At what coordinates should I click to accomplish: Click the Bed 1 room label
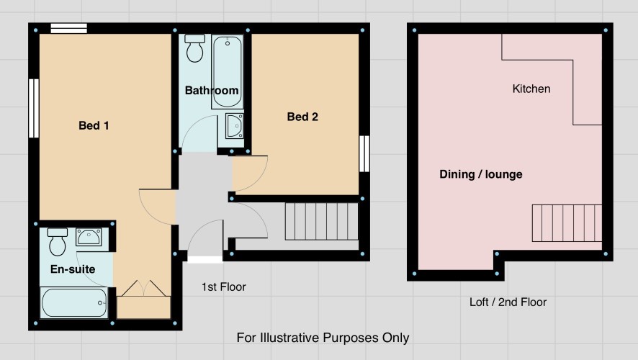click(x=94, y=125)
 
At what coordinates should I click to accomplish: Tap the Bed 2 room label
click(x=302, y=117)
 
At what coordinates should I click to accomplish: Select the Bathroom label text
click(x=212, y=90)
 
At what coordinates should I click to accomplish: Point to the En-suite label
click(x=73, y=269)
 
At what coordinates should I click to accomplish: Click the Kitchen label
click(x=531, y=89)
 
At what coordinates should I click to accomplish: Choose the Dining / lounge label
click(x=481, y=174)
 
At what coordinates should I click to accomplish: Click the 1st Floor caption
click(x=224, y=287)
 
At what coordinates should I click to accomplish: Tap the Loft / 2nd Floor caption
click(x=508, y=302)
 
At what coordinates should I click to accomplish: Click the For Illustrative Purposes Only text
click(x=323, y=338)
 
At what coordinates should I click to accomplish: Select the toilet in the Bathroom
click(x=195, y=48)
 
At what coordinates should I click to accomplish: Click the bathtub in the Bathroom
click(x=227, y=71)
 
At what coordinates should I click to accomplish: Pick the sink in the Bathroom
click(x=235, y=126)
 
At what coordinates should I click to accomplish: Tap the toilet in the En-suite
click(x=58, y=242)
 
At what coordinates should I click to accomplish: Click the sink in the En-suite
click(x=89, y=237)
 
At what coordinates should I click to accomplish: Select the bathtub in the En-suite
click(x=73, y=302)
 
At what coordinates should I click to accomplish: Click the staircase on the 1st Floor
click(x=321, y=221)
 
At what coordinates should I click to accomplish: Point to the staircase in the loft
click(x=567, y=223)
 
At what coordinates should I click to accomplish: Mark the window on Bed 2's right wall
click(x=364, y=154)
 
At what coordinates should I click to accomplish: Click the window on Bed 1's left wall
click(x=34, y=108)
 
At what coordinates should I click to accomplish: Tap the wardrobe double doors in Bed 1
click(x=144, y=288)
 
